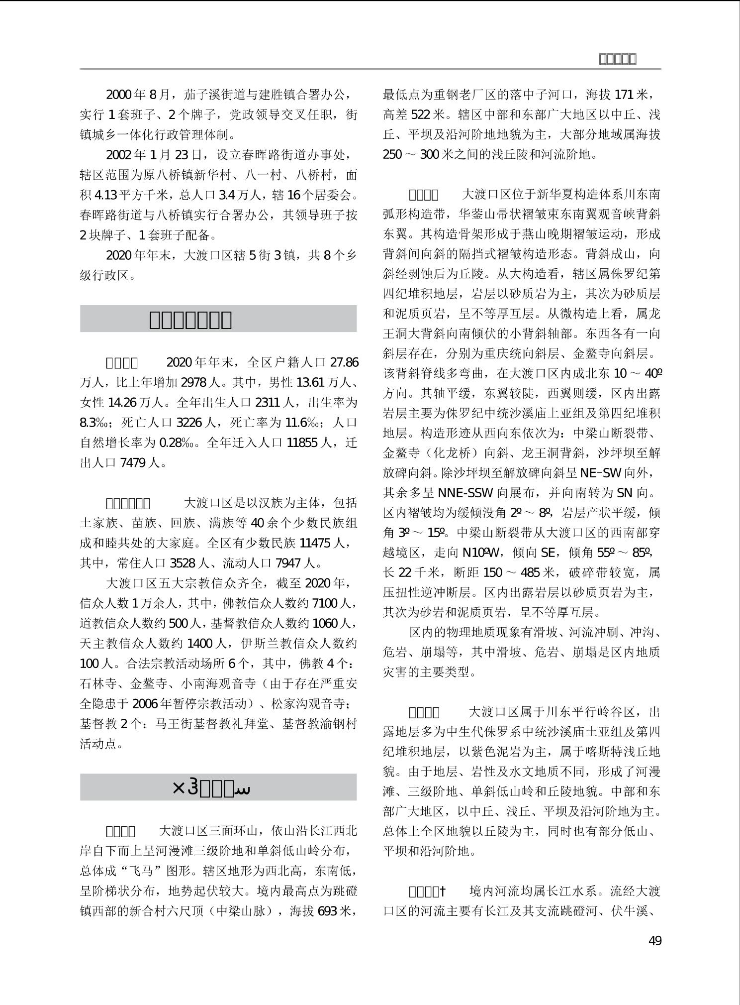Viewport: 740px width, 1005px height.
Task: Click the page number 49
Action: (x=655, y=940)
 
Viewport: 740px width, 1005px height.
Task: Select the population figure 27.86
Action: (x=344, y=362)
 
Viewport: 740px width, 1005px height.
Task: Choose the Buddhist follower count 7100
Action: (x=325, y=603)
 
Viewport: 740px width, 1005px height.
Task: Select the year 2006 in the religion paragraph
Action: (x=145, y=703)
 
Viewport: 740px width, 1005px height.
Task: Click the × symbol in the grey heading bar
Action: (x=178, y=787)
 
